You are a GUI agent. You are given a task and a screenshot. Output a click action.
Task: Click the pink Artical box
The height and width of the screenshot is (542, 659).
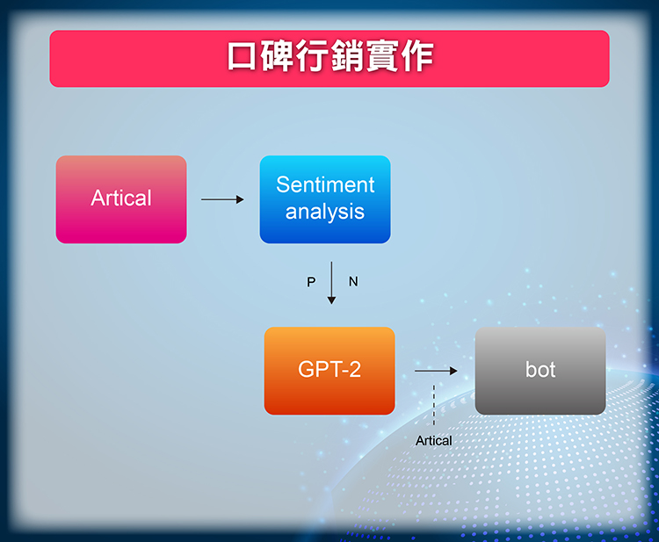(121, 199)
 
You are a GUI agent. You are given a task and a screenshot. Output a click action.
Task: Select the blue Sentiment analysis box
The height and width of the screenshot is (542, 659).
(325, 199)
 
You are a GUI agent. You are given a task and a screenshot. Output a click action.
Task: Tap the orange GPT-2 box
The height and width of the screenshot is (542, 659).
(329, 371)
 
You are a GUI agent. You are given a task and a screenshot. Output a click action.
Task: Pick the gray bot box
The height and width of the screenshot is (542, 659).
(540, 371)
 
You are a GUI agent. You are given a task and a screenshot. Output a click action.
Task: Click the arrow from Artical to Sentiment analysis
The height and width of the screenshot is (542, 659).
(222, 199)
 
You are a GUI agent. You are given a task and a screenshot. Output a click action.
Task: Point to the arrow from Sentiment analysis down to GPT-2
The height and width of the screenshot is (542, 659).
(331, 283)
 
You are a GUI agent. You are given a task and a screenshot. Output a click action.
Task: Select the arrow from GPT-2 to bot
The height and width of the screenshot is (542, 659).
(436, 371)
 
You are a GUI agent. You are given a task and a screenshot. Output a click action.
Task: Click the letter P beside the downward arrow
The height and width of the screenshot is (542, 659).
(311, 282)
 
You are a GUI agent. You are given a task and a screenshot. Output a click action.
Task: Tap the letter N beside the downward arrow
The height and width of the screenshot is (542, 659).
(353, 281)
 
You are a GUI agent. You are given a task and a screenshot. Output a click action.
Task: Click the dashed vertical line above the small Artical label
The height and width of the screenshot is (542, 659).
(434, 405)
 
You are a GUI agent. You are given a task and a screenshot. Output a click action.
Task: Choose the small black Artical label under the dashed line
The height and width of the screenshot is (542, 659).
(434, 441)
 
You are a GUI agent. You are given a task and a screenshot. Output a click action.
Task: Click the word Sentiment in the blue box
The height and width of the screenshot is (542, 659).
(325, 184)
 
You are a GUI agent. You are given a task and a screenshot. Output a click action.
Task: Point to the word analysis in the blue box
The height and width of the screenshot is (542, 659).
(325, 212)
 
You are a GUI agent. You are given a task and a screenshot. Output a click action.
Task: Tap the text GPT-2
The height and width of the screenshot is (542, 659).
(329, 370)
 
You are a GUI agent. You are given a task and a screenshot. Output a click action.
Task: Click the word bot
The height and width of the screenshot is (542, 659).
(540, 370)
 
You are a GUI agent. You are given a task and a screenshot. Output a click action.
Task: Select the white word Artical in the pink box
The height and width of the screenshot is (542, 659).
(121, 198)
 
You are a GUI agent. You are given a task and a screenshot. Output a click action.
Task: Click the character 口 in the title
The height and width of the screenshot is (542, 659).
(242, 56)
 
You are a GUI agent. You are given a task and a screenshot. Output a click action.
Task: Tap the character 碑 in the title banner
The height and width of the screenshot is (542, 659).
(277, 56)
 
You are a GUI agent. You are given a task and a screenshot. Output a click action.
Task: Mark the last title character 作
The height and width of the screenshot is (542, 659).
(416, 56)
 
